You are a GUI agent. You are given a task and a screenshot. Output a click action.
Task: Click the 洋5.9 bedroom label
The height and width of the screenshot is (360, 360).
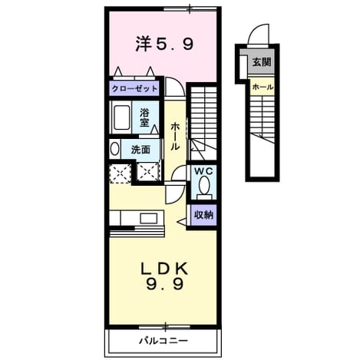click(x=164, y=45)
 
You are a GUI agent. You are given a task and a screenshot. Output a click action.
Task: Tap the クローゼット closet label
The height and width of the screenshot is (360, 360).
click(x=134, y=89)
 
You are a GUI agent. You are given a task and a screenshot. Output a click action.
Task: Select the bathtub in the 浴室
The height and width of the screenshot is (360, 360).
click(x=121, y=117)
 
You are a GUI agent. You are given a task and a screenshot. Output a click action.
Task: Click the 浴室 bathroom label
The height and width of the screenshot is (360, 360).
click(x=144, y=117)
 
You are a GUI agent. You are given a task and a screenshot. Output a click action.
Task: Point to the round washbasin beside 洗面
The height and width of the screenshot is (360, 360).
click(x=114, y=149)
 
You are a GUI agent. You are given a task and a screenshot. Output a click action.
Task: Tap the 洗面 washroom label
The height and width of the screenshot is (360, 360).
click(x=140, y=150)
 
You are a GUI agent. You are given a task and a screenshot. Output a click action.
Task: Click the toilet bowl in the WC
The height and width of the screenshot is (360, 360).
click(x=204, y=185)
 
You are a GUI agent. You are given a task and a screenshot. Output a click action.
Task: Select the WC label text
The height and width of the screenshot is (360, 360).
click(x=203, y=171)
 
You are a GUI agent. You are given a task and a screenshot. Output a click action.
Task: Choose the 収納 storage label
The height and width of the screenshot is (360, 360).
click(x=203, y=215)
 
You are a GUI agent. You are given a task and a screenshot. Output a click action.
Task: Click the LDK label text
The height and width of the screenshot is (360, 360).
click(x=165, y=269)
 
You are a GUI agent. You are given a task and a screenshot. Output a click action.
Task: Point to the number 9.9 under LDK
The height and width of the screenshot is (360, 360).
click(x=165, y=284)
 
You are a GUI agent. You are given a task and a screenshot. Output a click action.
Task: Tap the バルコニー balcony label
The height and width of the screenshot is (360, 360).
click(x=163, y=341)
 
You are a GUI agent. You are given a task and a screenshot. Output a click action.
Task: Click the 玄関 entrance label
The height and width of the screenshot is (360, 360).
click(x=262, y=61)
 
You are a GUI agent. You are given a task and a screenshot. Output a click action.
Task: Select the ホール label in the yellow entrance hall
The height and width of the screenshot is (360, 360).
click(x=263, y=88)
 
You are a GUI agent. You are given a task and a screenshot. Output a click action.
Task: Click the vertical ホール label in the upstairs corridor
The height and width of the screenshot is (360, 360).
click(x=175, y=136)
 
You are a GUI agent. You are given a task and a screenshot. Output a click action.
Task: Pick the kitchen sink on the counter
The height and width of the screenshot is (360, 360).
click(x=149, y=218)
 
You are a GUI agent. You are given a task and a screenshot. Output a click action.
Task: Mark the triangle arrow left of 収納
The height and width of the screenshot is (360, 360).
click(x=182, y=222)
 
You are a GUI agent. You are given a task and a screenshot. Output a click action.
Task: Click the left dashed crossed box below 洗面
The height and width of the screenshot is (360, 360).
click(x=120, y=173)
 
